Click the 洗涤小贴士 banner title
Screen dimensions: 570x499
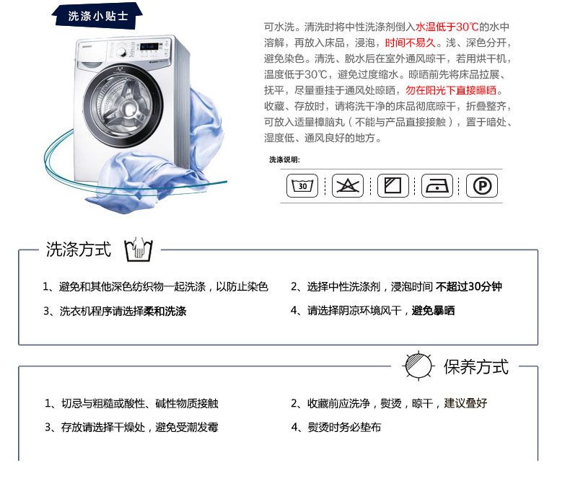(x=98, y=16)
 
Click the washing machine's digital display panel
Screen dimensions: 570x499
(x=149, y=47)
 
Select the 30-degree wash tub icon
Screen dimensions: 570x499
(x=302, y=186)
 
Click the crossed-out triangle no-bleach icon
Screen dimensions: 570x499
(x=348, y=186)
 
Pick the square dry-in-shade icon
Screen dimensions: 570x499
(x=393, y=186)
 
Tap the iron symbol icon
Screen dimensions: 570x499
(x=437, y=186)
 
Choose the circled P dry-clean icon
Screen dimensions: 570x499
(x=482, y=186)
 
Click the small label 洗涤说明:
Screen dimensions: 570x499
(x=284, y=159)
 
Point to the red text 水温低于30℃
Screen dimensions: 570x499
(x=447, y=27)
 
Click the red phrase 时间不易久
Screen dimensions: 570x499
(x=411, y=43)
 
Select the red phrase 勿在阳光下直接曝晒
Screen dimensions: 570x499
(x=451, y=90)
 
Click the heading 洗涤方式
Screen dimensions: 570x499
(x=79, y=249)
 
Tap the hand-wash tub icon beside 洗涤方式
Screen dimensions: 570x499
(x=139, y=249)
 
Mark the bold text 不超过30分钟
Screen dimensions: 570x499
(x=469, y=287)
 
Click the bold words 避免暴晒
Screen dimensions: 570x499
(x=434, y=311)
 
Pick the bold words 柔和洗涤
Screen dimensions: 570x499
(x=165, y=311)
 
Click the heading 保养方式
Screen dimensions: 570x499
(x=476, y=367)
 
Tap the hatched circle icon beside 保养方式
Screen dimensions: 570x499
(x=418, y=366)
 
